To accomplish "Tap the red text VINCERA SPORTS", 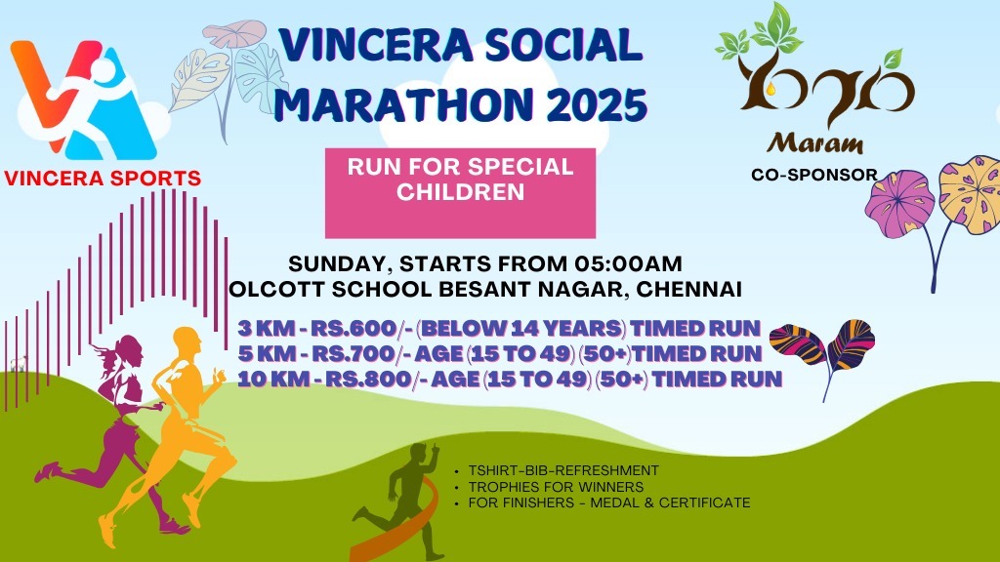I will pyautogui.click(x=103, y=179).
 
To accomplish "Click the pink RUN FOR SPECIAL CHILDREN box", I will pyautogui.click(x=460, y=192).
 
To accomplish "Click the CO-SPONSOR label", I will pyautogui.click(x=813, y=176).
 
